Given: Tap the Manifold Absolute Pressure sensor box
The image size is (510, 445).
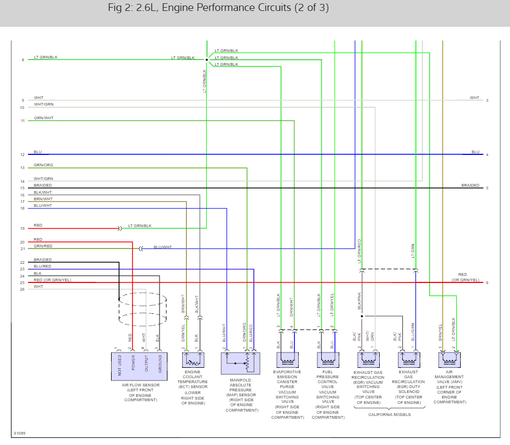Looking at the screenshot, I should point(240,363).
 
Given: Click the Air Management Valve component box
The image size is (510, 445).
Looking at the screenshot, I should point(449,360).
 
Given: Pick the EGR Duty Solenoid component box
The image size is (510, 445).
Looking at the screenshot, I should point(409,360).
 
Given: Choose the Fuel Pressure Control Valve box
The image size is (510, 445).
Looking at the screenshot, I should point(327,360).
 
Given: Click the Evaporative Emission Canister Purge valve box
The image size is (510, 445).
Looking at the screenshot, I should point(287,360).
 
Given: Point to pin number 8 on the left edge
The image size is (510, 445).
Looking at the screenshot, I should point(23,60).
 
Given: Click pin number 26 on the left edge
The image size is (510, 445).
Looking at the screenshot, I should point(22,288).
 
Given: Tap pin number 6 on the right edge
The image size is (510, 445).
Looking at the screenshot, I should point(487,283).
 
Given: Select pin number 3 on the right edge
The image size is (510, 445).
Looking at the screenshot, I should point(487,101).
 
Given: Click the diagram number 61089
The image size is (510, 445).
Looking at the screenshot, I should point(20,433).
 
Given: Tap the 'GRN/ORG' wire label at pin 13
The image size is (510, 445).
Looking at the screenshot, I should point(43,165).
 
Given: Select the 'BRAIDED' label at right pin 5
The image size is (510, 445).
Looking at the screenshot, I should point(470,185).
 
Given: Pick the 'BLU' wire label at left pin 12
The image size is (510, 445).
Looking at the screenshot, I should point(37,152).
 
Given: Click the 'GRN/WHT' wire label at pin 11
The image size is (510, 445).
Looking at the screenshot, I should point(43,118).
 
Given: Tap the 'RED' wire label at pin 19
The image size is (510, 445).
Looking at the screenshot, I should point(38,226).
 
